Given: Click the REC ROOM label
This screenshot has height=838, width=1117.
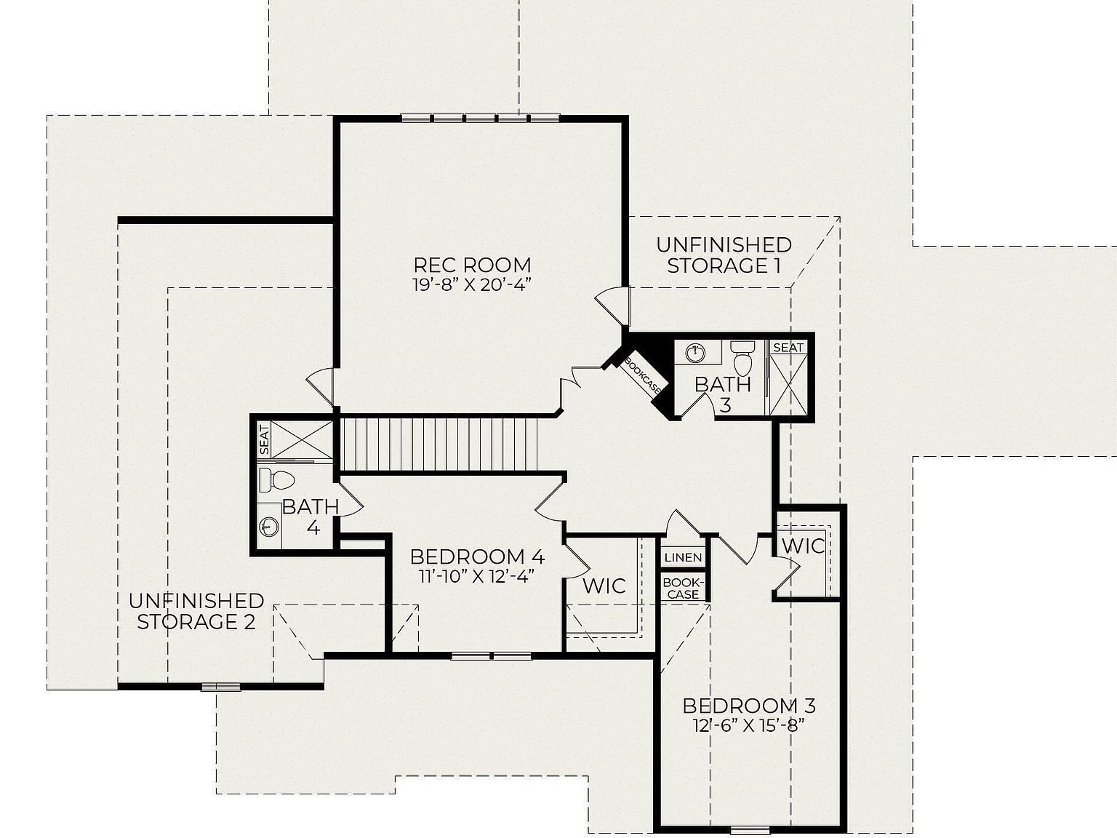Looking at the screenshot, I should (x=472, y=264).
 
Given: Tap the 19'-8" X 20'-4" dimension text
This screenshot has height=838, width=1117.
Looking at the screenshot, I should (x=472, y=284).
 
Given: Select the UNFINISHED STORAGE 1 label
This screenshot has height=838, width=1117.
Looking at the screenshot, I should (x=724, y=255).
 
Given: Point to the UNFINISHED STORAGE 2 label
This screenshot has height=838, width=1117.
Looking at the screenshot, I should (x=196, y=611).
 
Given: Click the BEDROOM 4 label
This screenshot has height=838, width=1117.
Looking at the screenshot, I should (x=477, y=556).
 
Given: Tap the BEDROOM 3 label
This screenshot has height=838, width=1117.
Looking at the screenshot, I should (x=749, y=705).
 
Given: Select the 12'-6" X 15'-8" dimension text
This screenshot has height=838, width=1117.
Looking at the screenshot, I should (x=749, y=725).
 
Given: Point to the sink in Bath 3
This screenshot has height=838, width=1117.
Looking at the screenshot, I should (x=694, y=353).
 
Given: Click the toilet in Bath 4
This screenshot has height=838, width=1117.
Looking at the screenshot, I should (x=277, y=479).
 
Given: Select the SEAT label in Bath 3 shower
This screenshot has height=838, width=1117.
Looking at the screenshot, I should (x=788, y=348).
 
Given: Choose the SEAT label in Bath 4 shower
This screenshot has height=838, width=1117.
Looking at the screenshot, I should (x=264, y=439).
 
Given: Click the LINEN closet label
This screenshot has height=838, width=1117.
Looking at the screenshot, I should (x=684, y=557).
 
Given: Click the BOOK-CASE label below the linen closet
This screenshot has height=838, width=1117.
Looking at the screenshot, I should (x=682, y=588).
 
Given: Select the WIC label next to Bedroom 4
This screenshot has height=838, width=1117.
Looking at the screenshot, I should (x=604, y=586).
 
